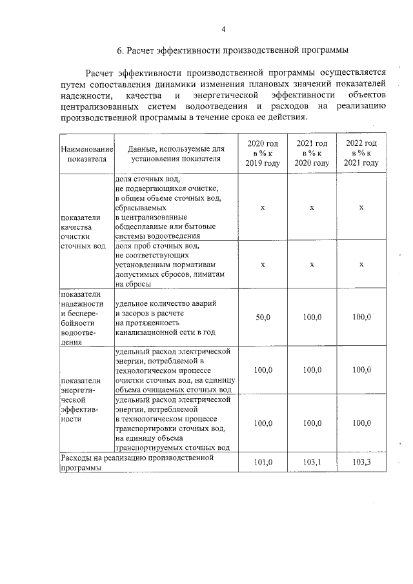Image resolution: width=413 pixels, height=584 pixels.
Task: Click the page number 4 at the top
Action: coord(223,29)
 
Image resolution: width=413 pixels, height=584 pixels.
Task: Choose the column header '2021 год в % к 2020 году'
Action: coord(312,154)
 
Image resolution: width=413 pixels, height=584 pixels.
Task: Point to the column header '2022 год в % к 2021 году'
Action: coord(361,154)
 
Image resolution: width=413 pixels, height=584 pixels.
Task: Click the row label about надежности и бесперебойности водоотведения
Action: coord(82,317)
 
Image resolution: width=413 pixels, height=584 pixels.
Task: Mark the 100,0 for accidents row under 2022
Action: coord(361,318)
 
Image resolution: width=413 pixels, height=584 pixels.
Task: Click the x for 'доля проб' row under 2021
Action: coord(312,265)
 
